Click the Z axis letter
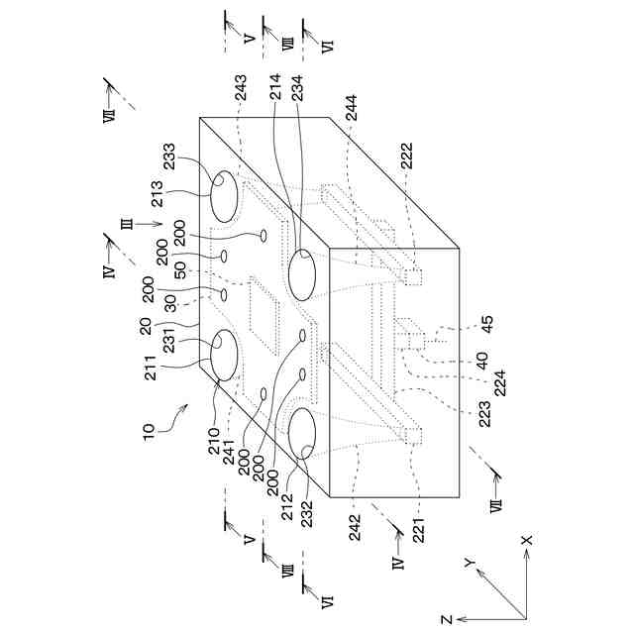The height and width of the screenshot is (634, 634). point(447,618)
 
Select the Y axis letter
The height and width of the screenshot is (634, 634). point(470,563)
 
